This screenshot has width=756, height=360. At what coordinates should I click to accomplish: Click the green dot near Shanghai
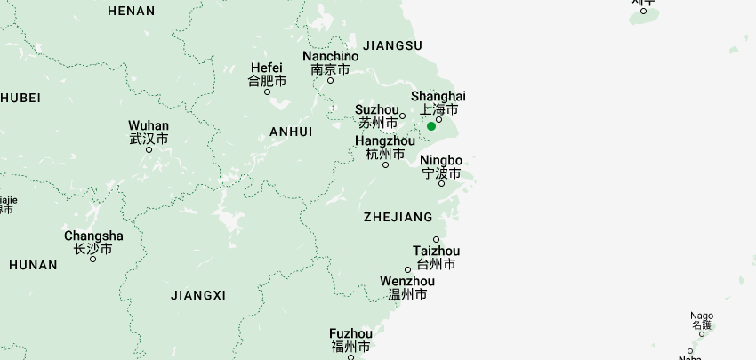tap(431, 126)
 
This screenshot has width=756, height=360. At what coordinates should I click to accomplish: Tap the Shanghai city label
tap(438, 96)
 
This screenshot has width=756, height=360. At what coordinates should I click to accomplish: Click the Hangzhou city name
tap(384, 140)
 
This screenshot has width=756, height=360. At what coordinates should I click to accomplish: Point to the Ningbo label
tap(441, 161)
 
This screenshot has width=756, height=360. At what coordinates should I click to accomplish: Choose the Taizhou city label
tap(436, 252)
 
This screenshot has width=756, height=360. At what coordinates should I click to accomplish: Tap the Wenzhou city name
tap(407, 282)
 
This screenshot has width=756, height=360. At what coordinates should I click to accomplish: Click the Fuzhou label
tap(350, 333)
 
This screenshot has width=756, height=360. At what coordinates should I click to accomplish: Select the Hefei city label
tap(267, 68)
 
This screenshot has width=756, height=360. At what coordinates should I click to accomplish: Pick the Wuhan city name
tap(149, 125)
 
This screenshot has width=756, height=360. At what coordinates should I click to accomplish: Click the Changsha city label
tap(93, 236)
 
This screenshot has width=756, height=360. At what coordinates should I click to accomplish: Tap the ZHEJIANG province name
tap(398, 217)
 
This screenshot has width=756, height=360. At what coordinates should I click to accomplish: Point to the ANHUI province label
tap(291, 132)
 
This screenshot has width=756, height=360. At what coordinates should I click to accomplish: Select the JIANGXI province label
tap(198, 295)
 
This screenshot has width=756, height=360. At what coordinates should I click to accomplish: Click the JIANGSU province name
tap(392, 45)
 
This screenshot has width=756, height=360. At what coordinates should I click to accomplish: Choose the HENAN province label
tap(131, 12)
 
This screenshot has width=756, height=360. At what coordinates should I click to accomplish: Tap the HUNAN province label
tap(33, 265)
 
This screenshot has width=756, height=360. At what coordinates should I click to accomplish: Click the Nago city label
tap(702, 316)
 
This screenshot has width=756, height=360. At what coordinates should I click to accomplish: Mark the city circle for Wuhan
tap(149, 149)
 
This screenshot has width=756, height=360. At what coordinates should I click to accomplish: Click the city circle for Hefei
tap(267, 92)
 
